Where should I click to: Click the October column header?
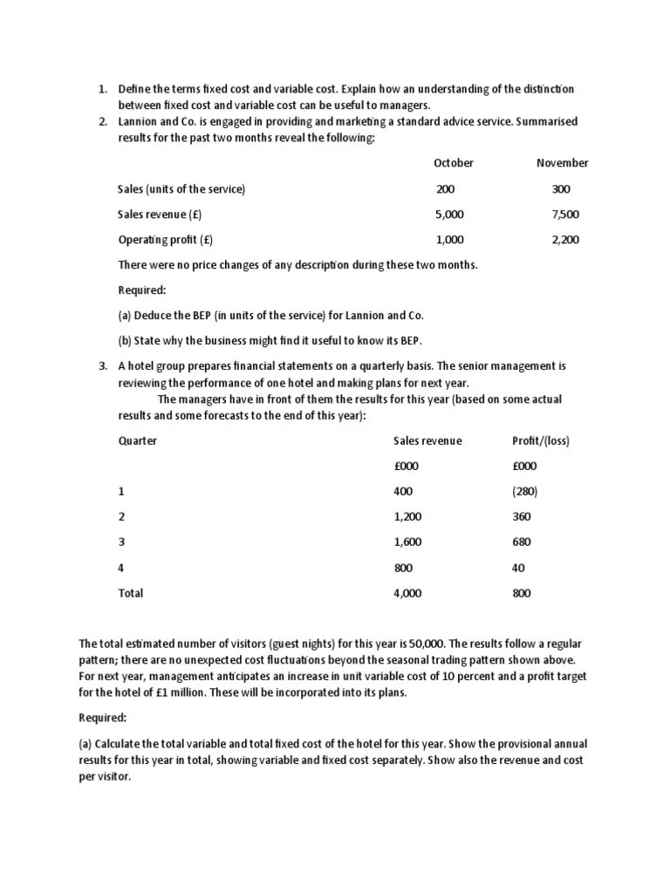454,163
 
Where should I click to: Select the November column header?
562,163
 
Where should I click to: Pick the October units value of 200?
446,189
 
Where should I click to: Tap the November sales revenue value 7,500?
565,215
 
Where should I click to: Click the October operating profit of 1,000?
450,240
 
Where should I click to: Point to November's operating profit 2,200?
565,240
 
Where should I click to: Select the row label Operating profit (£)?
166,240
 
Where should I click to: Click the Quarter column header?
138,441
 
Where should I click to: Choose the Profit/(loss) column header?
541,441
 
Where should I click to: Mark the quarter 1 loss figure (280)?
525,492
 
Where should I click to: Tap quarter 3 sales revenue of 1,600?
407,542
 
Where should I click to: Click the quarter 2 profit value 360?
522,517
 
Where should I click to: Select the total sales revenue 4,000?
407,593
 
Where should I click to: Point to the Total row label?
131,593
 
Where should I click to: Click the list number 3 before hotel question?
102,366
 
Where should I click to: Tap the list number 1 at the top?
102,90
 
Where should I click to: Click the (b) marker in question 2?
126,340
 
